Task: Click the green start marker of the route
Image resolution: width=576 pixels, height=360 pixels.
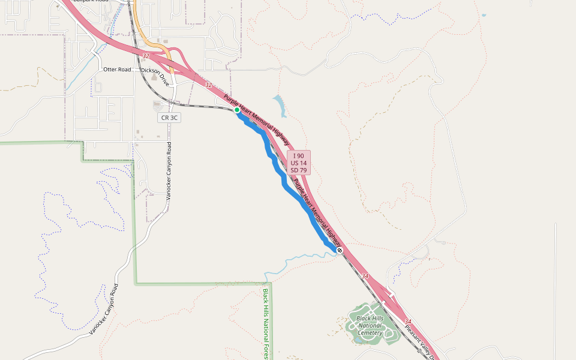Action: tap(237, 110)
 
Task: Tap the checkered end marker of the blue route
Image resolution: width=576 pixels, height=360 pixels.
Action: tap(340, 250)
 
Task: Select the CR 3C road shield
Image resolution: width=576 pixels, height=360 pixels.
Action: tap(169, 118)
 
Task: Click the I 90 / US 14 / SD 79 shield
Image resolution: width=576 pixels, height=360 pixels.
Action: tap(298, 163)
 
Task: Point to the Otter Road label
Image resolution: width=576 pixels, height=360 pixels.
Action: tap(117, 70)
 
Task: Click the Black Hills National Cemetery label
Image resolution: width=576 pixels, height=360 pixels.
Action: tap(370, 325)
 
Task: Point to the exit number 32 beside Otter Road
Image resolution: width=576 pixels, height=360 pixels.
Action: tap(146, 56)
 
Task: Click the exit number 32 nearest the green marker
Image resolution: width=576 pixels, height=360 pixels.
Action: tap(208, 85)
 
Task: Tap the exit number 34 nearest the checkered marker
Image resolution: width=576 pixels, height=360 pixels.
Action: tap(365, 276)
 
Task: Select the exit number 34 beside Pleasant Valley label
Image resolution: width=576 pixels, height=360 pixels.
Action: tap(408, 322)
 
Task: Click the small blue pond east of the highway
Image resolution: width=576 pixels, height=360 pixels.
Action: tap(280, 105)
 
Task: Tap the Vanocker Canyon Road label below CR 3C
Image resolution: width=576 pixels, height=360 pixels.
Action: tap(169, 171)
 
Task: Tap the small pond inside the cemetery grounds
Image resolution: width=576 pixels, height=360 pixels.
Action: tap(358, 338)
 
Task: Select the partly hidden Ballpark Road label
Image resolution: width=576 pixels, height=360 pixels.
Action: tap(90, 2)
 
